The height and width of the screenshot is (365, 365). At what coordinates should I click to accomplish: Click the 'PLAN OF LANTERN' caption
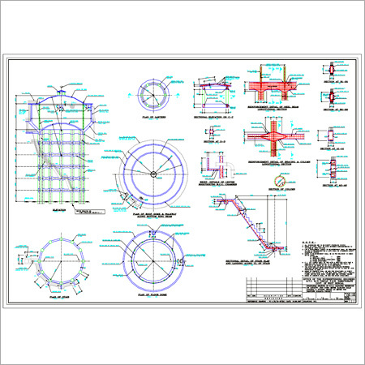(x=152, y=118)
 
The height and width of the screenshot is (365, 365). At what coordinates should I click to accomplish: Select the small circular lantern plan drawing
(x=152, y=95)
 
